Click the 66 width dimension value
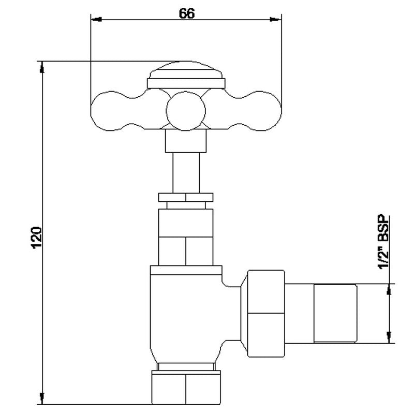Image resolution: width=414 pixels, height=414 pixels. click(x=187, y=13)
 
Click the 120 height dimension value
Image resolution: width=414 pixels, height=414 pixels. click(x=37, y=238)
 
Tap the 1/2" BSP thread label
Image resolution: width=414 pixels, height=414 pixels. click(x=383, y=242)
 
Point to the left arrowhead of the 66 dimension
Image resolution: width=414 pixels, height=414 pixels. click(x=96, y=20)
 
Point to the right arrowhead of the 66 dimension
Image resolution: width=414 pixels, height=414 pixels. click(x=276, y=19)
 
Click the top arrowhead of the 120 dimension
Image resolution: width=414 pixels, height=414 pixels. click(x=42, y=67)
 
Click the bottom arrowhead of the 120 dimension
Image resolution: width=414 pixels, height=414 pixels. click(x=42, y=398)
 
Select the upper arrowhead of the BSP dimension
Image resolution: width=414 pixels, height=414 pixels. click(x=389, y=290)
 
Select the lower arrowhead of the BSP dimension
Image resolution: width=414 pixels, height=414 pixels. click(x=389, y=337)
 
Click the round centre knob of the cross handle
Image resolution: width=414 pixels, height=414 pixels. click(x=186, y=111)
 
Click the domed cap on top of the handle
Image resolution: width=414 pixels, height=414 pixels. click(x=186, y=70)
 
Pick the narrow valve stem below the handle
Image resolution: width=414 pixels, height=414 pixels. click(x=186, y=173)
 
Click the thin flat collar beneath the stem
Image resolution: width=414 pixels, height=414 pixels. click(x=186, y=198)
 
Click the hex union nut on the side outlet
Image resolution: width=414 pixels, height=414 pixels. click(x=266, y=314)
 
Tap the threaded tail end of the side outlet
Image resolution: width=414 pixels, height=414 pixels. click(x=335, y=314)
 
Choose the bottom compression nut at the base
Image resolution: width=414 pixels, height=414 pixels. click(x=186, y=387)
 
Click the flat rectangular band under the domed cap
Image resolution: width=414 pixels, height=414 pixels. click(x=186, y=83)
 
